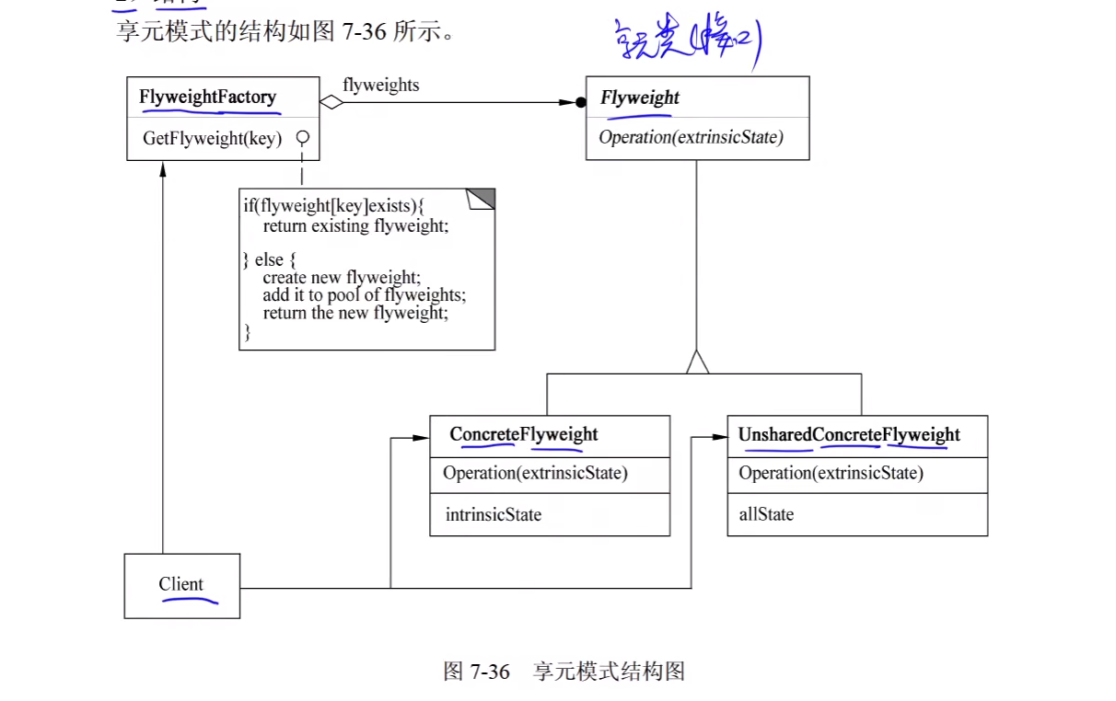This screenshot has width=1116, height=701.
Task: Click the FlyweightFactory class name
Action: [207, 97]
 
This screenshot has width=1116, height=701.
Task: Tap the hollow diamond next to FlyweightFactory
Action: [331, 102]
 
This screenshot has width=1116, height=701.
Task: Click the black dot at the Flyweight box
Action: [580, 102]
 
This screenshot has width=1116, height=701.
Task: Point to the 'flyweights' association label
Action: [380, 86]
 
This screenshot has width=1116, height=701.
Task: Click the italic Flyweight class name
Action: [640, 98]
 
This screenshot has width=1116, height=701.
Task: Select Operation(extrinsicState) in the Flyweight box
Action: [691, 137]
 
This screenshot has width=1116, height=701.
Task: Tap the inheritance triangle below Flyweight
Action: [697, 362]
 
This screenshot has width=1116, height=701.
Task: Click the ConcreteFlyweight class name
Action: [523, 434]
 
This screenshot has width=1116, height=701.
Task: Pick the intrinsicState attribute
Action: [493, 514]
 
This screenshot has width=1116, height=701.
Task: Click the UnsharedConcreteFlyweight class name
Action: [849, 434]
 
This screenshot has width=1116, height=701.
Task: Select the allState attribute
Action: [766, 514]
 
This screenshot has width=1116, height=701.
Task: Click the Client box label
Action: [181, 584]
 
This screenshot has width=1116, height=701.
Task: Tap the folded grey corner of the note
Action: [482, 198]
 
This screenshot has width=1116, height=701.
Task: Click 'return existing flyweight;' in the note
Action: [355, 225]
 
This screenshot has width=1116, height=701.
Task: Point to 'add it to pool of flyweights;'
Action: [365, 295]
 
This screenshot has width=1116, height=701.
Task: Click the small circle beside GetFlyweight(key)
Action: [301, 138]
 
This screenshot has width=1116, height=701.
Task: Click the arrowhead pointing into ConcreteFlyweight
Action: [422, 438]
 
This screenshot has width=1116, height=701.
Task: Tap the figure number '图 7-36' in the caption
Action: [476, 671]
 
